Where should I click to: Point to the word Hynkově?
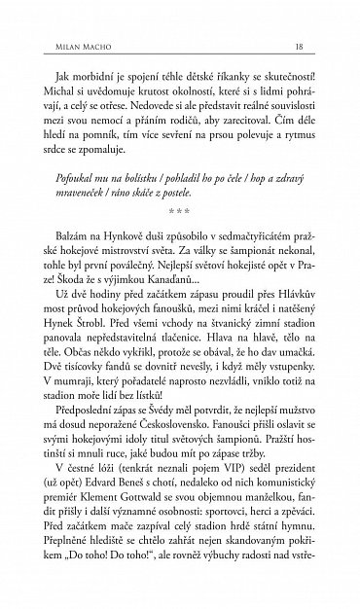[128, 263]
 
